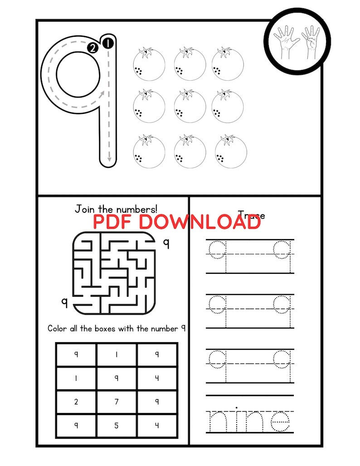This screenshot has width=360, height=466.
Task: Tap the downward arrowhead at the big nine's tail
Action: click(x=109, y=159)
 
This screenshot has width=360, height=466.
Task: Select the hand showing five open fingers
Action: click(x=287, y=41)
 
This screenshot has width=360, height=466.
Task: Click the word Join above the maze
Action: click(x=84, y=209)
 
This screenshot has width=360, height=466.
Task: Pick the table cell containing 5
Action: click(x=117, y=426)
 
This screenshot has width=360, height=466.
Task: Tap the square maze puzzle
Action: click(x=112, y=273)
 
